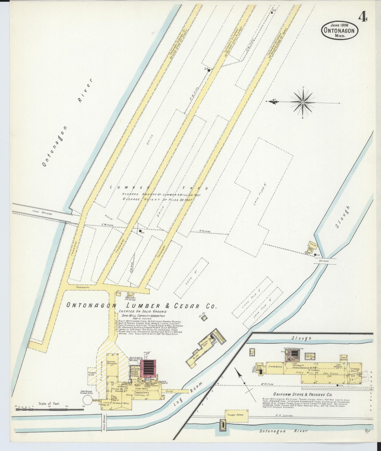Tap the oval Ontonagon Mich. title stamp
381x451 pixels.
[339, 30]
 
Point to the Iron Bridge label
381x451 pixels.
[42, 213]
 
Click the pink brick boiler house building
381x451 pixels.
[148, 368]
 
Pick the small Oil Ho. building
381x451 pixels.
[203, 318]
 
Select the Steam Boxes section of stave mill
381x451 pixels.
[276, 367]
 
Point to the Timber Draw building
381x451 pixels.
[236, 416]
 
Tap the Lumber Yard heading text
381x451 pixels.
[158, 188]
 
